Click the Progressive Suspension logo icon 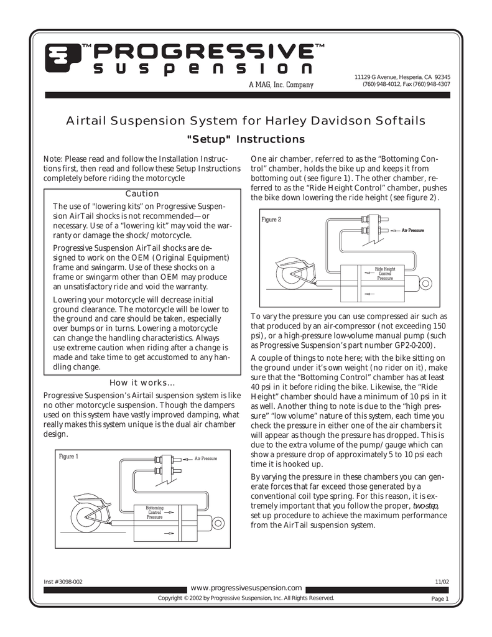coord(62,58)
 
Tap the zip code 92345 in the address coord(442,77)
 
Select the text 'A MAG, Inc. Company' coord(281,85)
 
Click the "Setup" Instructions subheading coord(246,139)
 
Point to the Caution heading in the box coord(142,194)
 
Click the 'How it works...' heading coord(142,383)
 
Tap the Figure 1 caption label coord(68,456)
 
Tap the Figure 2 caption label coord(271,220)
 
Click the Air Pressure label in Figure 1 coord(206,458)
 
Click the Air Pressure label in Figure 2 coord(413,230)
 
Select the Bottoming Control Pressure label coord(154,513)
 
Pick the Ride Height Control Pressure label coord(385,274)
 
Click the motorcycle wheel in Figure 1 coord(86,516)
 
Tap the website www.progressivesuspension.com coord(246,588)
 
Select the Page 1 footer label coord(440,599)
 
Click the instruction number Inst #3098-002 coord(63,582)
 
